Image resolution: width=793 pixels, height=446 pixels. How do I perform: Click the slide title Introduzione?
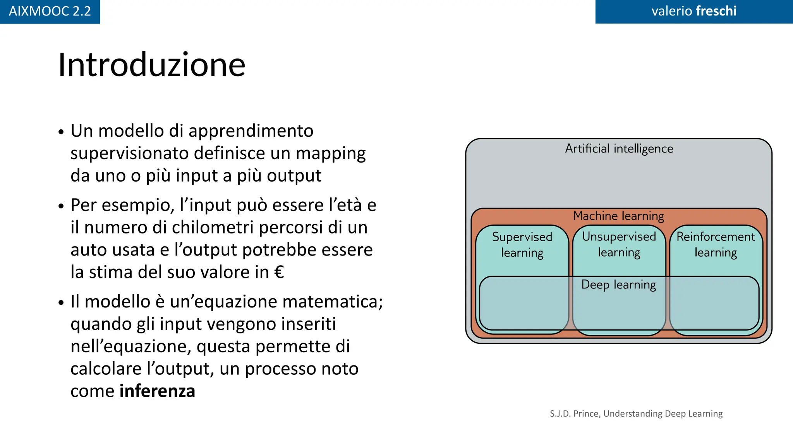pos(151,65)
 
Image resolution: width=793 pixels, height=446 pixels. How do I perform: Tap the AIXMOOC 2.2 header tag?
pos(50,11)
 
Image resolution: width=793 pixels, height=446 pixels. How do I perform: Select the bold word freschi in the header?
pos(716,11)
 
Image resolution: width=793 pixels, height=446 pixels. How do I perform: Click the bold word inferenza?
pos(157,391)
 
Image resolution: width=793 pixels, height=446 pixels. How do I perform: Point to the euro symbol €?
pos(279,272)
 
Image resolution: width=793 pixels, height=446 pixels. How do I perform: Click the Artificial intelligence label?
pos(619,149)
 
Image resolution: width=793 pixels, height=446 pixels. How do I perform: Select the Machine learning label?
pos(618,216)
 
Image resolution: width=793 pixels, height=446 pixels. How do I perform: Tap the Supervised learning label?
pos(522,245)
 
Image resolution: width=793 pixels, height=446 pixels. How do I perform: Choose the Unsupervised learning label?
pos(619,244)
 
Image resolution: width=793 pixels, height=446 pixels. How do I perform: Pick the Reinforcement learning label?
pos(716,244)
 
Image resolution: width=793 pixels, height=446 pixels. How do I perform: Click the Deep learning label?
pos(618,285)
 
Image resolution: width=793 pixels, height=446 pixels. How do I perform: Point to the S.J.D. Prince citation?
pos(636,413)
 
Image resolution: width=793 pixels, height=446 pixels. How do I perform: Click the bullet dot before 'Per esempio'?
pos(61,206)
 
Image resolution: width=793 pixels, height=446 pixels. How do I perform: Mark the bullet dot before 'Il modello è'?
pos(61,302)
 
